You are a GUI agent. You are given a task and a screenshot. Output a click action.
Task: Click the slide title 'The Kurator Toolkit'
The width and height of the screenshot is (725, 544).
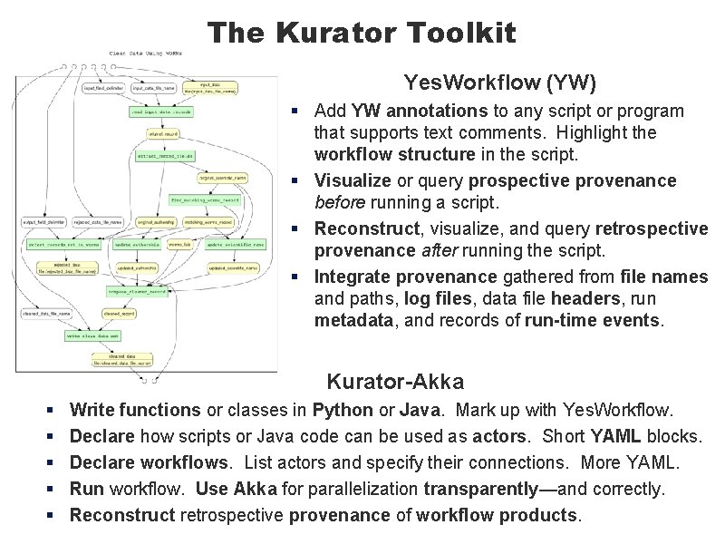point(362,34)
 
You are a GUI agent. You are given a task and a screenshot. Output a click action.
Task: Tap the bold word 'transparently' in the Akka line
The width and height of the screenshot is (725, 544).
point(480,489)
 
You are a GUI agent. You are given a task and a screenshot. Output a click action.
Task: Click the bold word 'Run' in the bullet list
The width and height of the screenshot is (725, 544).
point(87,489)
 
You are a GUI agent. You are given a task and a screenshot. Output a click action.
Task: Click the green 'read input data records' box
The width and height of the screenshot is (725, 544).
point(160,112)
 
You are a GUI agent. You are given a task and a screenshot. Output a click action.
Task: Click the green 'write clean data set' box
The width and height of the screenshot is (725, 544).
point(92,335)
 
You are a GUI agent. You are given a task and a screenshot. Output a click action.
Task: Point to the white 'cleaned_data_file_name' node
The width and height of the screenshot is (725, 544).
point(47,314)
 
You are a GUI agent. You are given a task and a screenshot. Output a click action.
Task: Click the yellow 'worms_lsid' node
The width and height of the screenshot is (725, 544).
point(180,245)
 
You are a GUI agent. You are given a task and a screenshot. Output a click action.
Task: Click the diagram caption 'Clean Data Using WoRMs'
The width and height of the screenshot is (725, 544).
point(145,53)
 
